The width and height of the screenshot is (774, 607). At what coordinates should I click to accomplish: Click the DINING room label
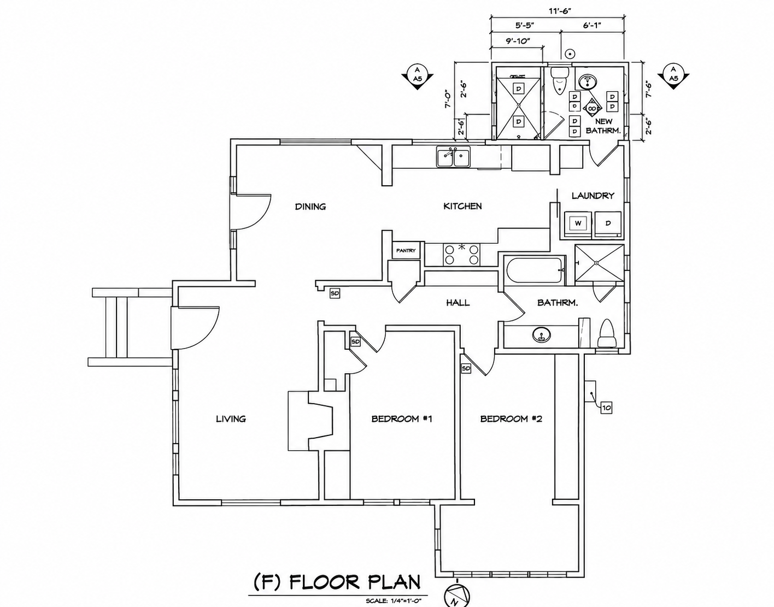pyautogui.click(x=310, y=207)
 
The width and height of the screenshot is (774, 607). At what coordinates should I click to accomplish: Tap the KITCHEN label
pyautogui.click(x=462, y=206)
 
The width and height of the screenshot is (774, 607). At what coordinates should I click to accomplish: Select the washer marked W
pyautogui.click(x=578, y=224)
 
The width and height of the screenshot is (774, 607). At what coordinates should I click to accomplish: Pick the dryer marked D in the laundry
pyautogui.click(x=608, y=224)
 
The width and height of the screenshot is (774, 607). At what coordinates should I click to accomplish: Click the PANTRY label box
pyautogui.click(x=406, y=251)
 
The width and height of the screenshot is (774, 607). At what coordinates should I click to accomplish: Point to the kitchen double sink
pyautogui.click(x=454, y=157)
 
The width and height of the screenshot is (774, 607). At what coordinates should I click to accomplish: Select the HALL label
pyautogui.click(x=458, y=303)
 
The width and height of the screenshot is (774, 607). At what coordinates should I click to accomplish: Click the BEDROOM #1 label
pyautogui.click(x=401, y=419)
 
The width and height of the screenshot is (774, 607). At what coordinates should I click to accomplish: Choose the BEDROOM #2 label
pyautogui.click(x=511, y=419)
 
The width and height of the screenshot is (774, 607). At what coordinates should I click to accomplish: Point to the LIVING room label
pyautogui.click(x=231, y=419)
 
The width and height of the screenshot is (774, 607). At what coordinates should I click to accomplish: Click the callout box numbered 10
pyautogui.click(x=606, y=408)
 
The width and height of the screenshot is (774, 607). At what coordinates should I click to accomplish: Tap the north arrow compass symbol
pyautogui.click(x=457, y=596)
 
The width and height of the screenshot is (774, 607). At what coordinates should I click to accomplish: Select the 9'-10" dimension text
pyautogui.click(x=518, y=40)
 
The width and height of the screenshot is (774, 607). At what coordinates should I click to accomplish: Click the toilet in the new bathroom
pyautogui.click(x=559, y=81)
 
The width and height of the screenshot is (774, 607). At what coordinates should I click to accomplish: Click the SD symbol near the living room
pyautogui.click(x=335, y=293)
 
